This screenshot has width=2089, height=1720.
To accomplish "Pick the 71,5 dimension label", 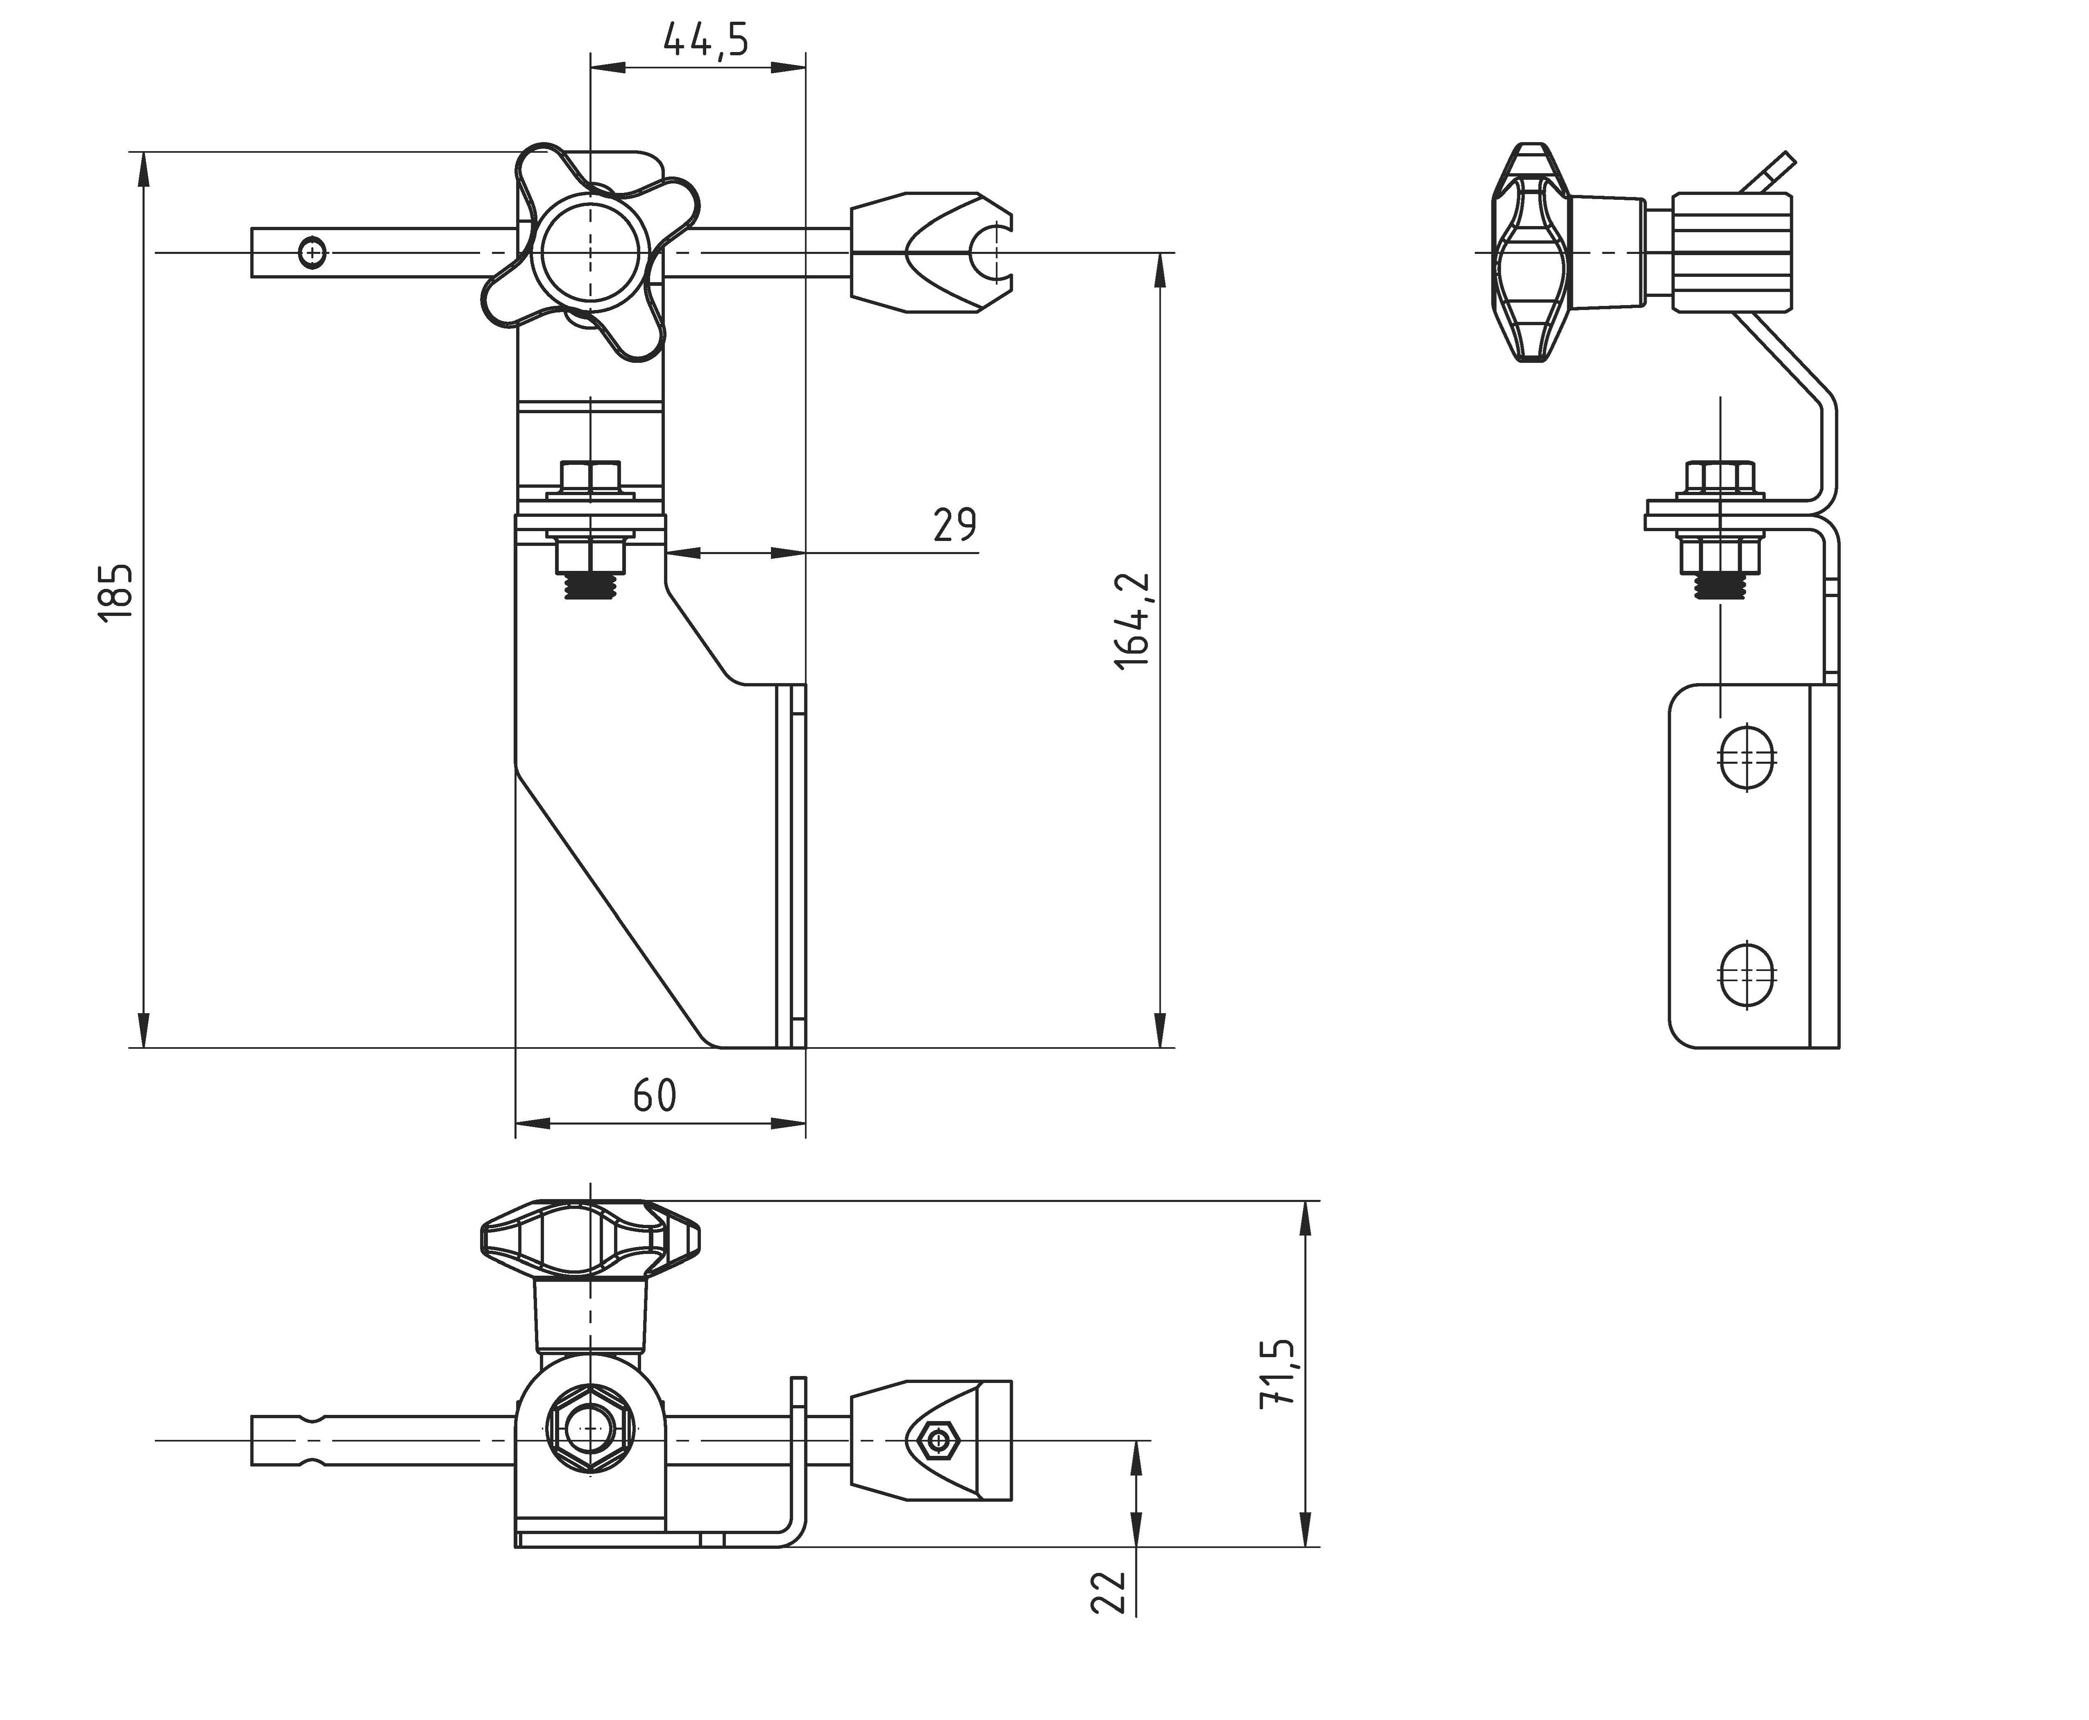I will [x=1276, y=1374].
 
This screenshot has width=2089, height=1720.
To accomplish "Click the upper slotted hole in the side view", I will [x=1746, y=758].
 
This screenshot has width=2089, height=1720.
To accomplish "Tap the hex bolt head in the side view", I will [x=1720, y=478].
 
